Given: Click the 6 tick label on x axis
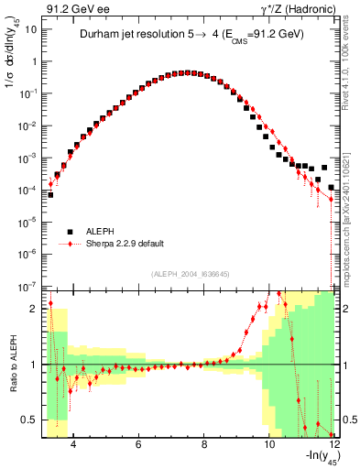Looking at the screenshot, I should [137, 440].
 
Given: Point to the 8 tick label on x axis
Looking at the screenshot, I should [203, 440].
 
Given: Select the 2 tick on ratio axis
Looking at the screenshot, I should [34, 308].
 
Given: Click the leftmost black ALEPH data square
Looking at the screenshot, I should [50, 195].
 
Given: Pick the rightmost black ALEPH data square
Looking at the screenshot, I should [332, 185].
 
